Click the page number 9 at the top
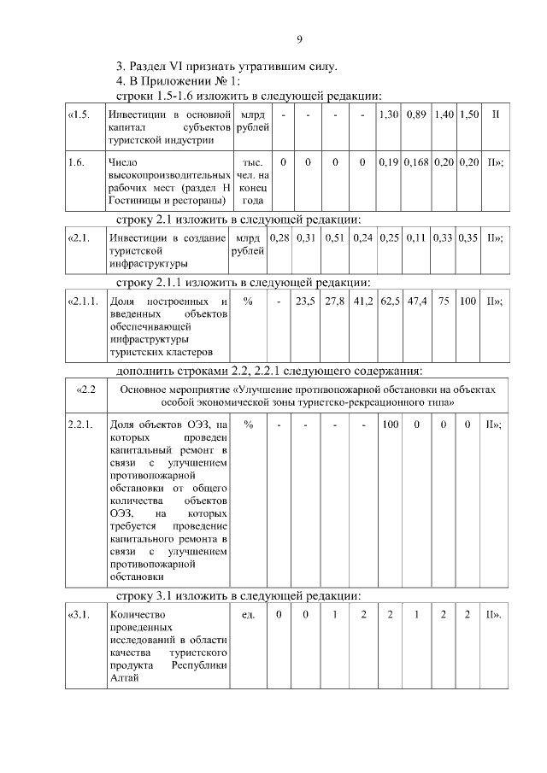(x=299, y=38)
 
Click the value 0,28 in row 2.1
(x=279, y=237)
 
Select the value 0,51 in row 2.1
(x=335, y=237)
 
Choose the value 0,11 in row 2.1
(x=416, y=237)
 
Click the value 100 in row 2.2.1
(x=390, y=424)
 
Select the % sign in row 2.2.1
(x=249, y=424)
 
